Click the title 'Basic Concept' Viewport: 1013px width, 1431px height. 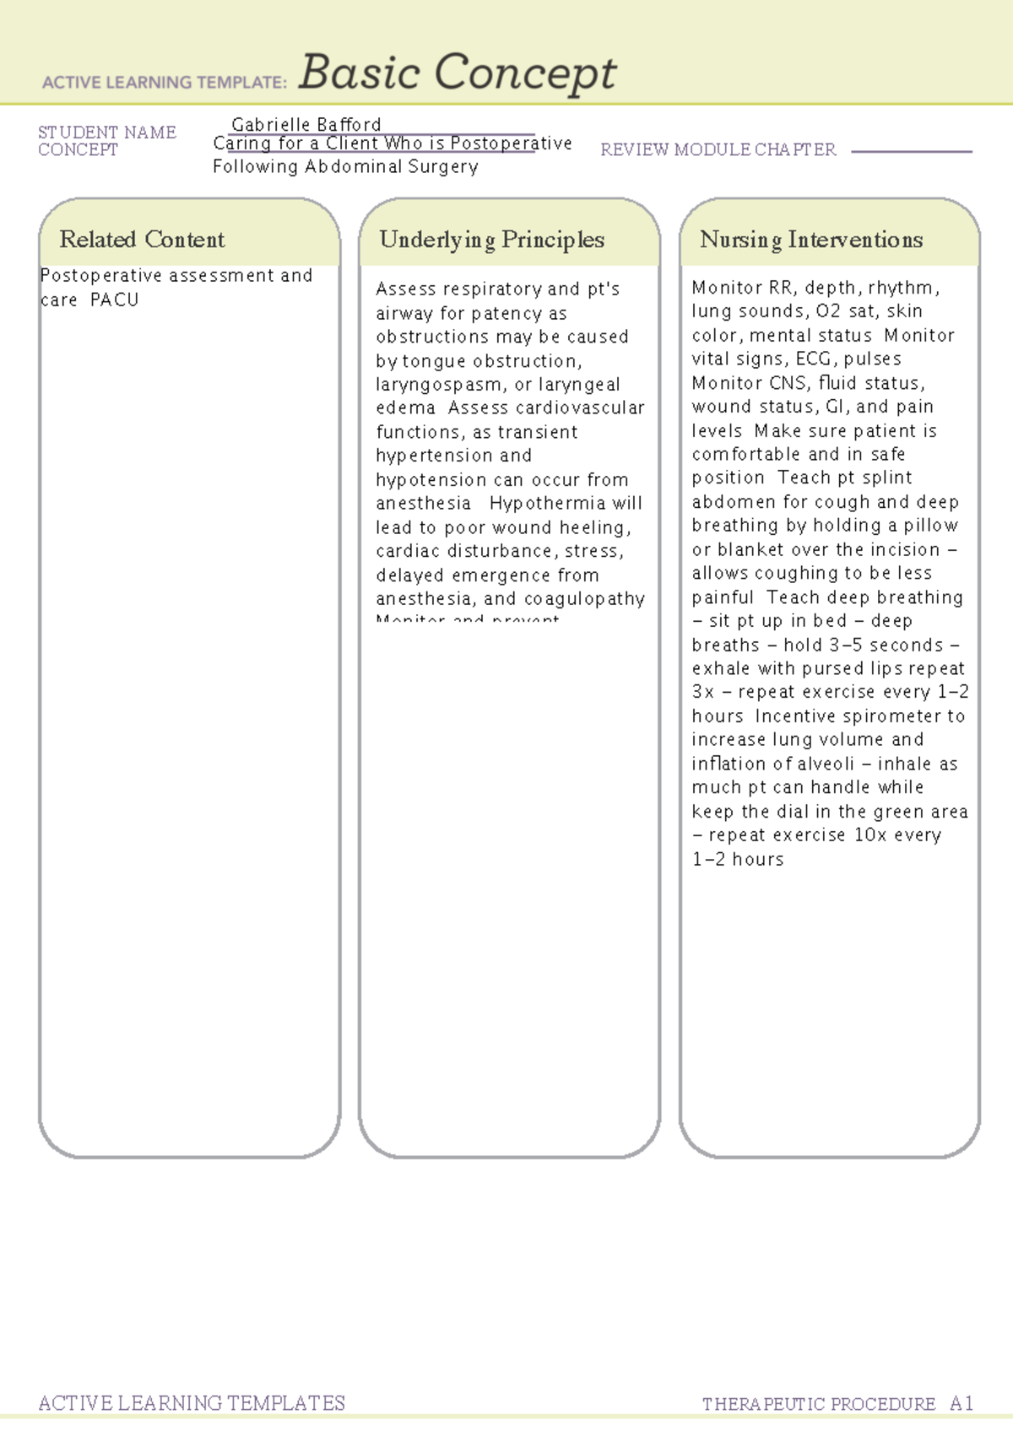click(x=457, y=73)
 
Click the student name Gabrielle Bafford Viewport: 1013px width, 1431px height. click(x=306, y=125)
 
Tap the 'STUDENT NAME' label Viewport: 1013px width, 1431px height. click(x=107, y=132)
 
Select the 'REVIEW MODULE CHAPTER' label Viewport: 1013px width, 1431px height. click(x=718, y=150)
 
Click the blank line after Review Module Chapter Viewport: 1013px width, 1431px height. click(x=912, y=151)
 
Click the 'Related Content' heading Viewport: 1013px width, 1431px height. click(x=142, y=240)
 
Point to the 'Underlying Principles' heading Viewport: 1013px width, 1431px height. click(x=491, y=240)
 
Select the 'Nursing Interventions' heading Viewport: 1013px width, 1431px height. click(x=810, y=240)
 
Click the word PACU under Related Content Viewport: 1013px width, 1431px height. click(x=114, y=300)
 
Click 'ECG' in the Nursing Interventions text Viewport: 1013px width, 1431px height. click(x=813, y=359)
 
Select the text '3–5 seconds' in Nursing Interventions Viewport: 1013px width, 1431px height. click(x=882, y=645)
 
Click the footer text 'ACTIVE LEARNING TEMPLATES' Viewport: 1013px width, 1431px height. click(x=192, y=1403)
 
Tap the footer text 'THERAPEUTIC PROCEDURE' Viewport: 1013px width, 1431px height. click(x=818, y=1404)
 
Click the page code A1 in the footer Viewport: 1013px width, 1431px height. click(x=962, y=1404)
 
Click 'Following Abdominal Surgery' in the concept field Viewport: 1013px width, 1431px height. click(x=345, y=167)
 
